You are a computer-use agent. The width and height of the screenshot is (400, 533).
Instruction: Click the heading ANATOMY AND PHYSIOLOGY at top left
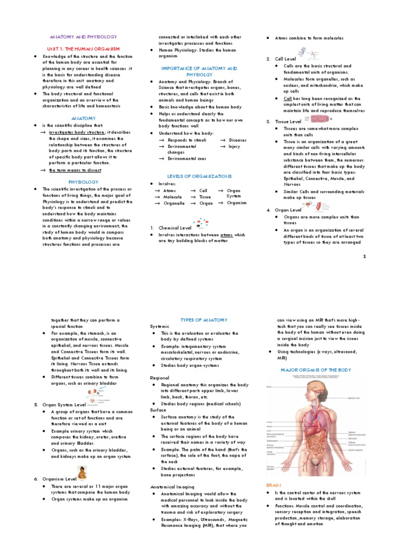[x=83, y=37]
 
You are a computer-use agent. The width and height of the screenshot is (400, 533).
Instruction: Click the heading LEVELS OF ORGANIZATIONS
[x=199, y=176]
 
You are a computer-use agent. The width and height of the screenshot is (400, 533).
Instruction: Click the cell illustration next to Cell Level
[x=307, y=53]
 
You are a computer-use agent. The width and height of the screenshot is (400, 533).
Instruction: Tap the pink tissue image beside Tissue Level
[x=306, y=120]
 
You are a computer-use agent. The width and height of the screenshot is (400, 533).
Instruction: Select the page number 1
[x=365, y=256]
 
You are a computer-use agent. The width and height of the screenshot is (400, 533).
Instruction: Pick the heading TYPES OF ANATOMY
[x=199, y=320]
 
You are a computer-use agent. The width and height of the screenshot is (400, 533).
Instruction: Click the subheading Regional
[x=159, y=377]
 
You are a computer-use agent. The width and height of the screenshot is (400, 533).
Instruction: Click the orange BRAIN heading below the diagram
[x=273, y=485]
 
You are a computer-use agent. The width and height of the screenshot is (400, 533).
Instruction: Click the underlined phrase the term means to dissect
[x=75, y=170]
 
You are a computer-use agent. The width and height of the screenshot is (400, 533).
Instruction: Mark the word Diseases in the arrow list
[x=237, y=140]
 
